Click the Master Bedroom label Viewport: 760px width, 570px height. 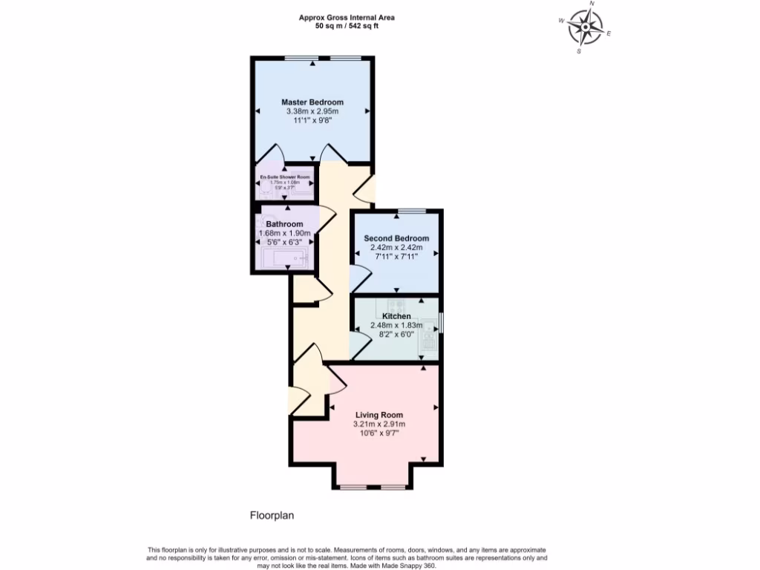pyautogui.click(x=312, y=102)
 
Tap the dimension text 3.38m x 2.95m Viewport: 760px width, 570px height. pyautogui.click(x=312, y=111)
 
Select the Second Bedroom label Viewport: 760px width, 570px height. pyautogui.click(x=396, y=238)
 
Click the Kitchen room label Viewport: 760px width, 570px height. pyautogui.click(x=396, y=316)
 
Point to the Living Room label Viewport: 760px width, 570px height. pyautogui.click(x=379, y=415)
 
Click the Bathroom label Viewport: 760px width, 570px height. pyautogui.click(x=284, y=224)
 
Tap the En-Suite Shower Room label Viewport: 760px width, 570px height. pyautogui.click(x=284, y=177)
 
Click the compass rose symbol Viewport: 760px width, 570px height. pyautogui.click(x=586, y=28)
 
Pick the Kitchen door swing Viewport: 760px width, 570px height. pyautogui.click(x=359, y=346)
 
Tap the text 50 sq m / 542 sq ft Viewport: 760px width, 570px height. pyautogui.click(x=347, y=27)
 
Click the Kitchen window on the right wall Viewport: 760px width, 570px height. pyautogui.click(x=442, y=324)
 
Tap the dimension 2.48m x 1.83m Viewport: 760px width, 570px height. pyautogui.click(x=396, y=325)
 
